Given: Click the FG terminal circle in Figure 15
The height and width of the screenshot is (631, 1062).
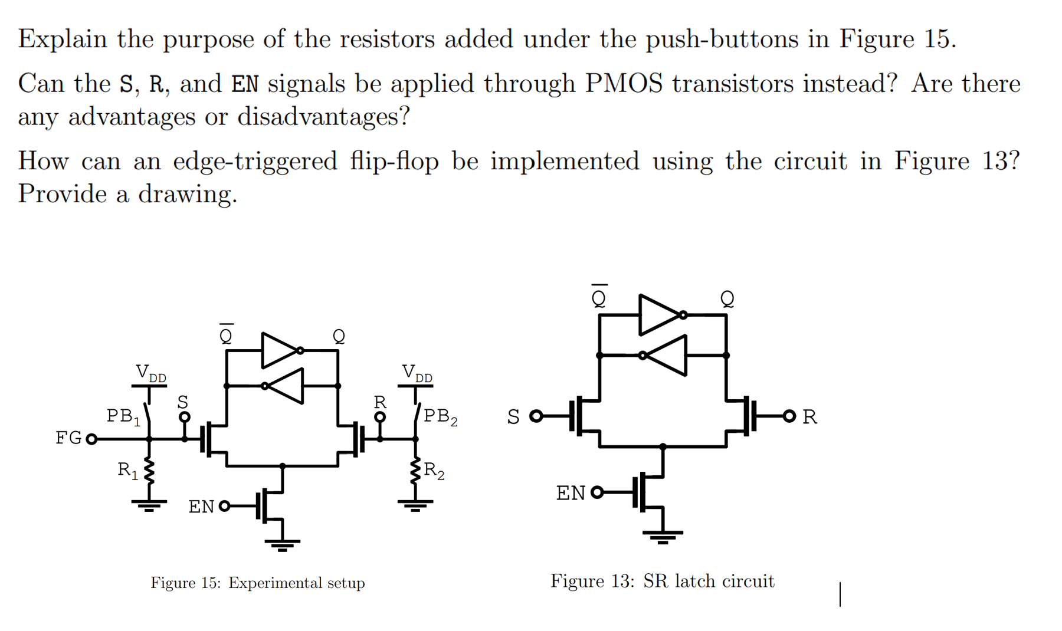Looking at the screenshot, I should pos(91,439).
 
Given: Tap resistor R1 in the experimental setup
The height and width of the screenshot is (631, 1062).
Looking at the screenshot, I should pos(149,471).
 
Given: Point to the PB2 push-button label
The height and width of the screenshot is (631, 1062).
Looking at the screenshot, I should pos(440,416).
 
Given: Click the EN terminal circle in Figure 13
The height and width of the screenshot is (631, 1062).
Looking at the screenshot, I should pos(597,492).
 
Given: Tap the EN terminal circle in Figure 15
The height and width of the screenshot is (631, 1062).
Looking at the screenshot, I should pos(224,506).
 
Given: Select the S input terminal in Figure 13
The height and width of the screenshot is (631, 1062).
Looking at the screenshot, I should pos(536,416).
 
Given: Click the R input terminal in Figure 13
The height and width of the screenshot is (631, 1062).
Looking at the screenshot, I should pos(789,416).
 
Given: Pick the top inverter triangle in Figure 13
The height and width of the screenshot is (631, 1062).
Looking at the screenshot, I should pos(658,315).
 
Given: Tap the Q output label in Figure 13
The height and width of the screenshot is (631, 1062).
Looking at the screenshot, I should pos(727,298).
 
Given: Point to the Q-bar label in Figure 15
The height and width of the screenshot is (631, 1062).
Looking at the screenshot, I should pos(226,336).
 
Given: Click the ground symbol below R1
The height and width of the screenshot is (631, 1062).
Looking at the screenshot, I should pos(149,505).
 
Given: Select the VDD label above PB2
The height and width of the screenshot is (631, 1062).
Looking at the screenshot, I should pos(417,373).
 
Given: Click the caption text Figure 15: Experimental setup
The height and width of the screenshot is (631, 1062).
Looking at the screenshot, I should pos(257,583).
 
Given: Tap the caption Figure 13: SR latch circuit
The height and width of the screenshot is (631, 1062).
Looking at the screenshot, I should pos(662,581).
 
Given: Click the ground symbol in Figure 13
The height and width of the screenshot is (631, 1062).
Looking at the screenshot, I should pos(663,535).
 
